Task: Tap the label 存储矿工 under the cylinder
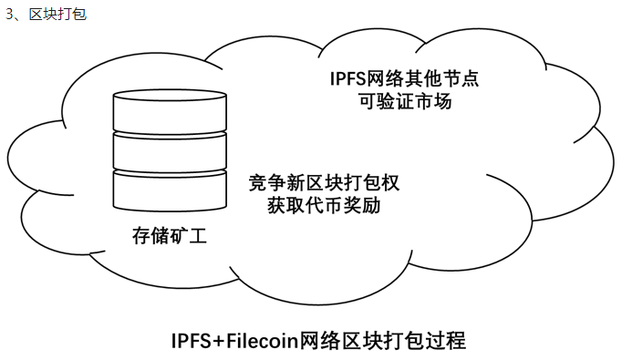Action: tap(170, 238)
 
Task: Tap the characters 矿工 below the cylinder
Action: tap(189, 238)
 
